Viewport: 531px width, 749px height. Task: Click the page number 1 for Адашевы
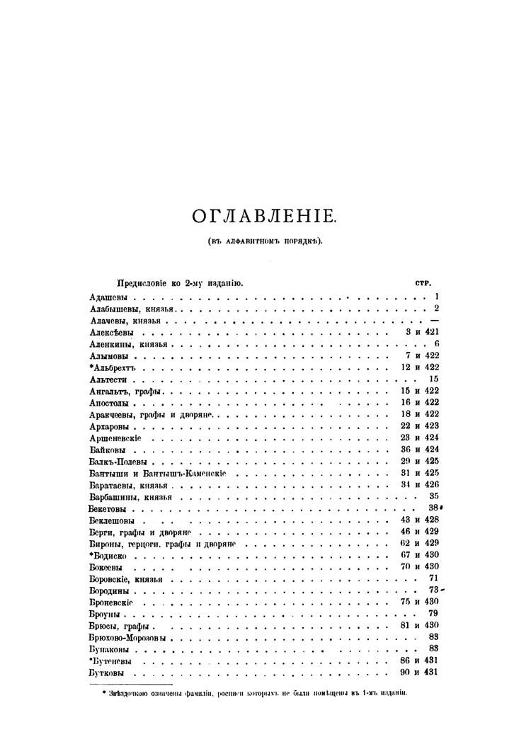click(438, 297)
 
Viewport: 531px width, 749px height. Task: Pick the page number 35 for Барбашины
click(434, 496)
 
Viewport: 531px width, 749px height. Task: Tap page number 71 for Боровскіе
click(434, 578)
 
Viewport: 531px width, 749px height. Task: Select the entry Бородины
click(110, 590)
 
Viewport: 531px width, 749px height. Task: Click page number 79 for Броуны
click(434, 613)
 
